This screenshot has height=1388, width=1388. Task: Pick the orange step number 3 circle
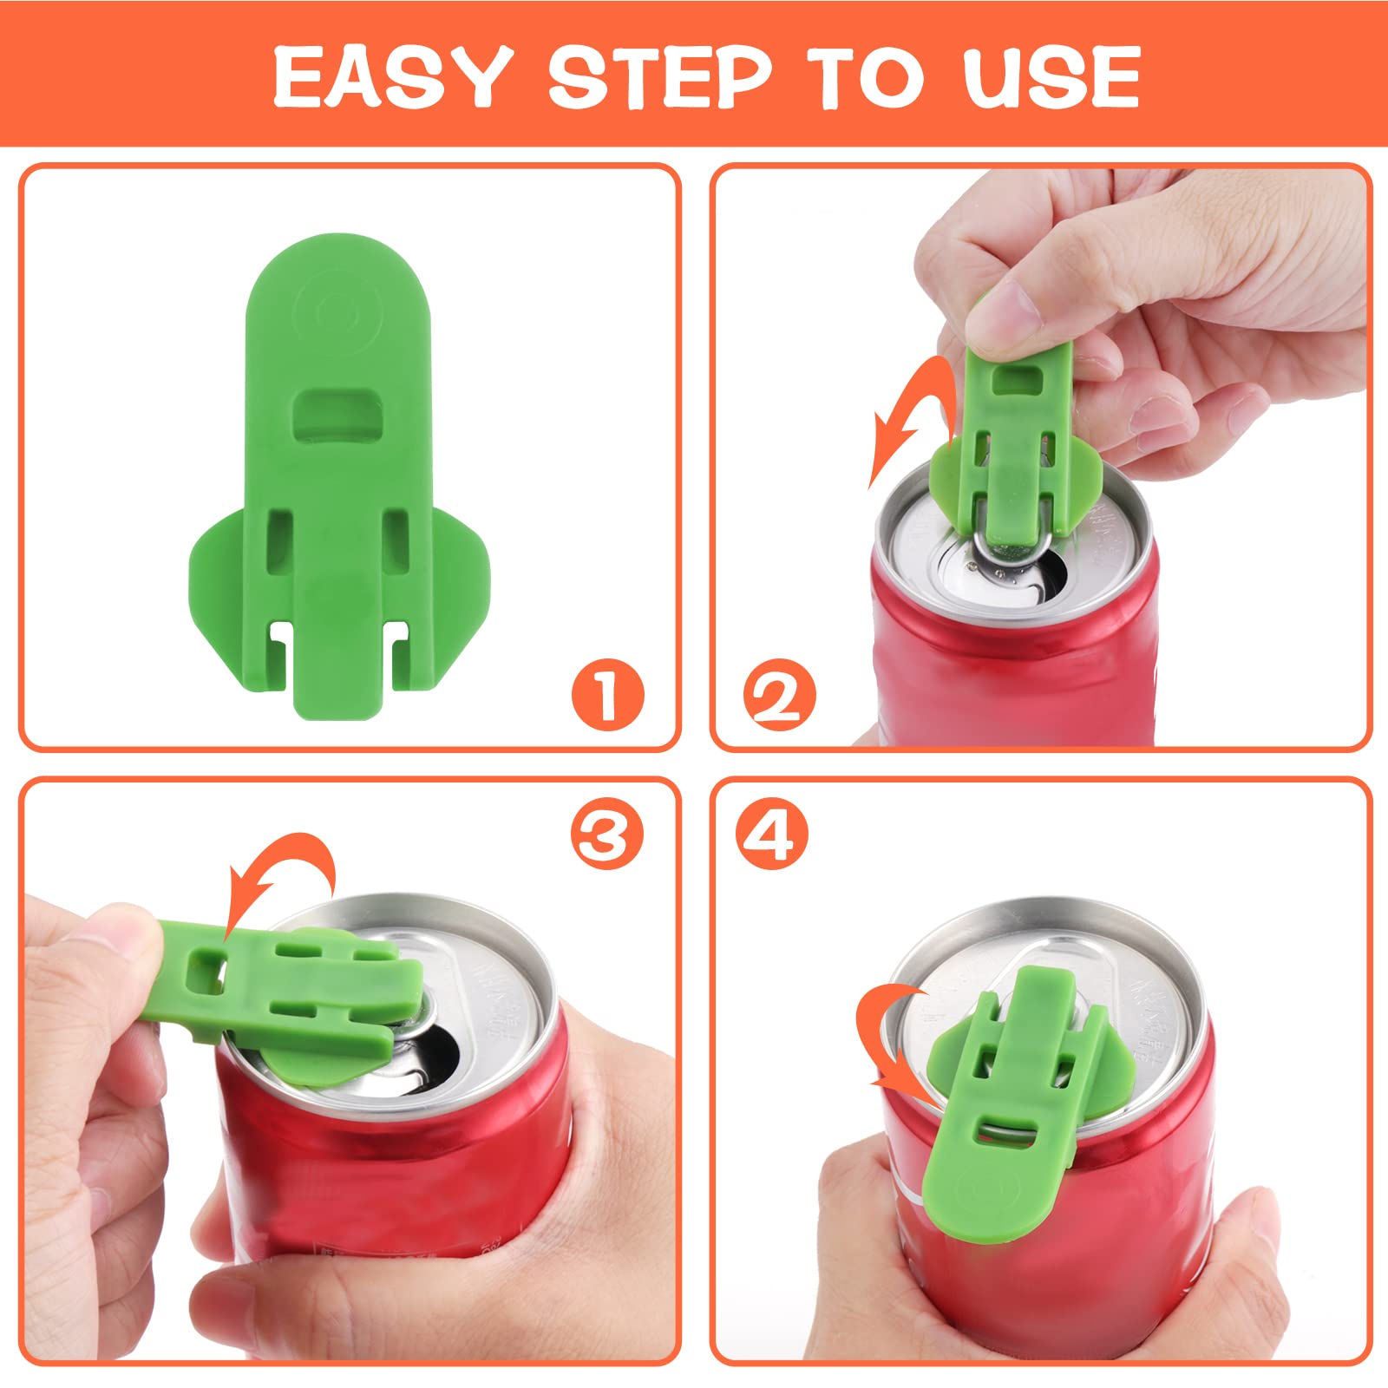pos(607,834)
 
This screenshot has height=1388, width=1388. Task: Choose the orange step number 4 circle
pos(772,834)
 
